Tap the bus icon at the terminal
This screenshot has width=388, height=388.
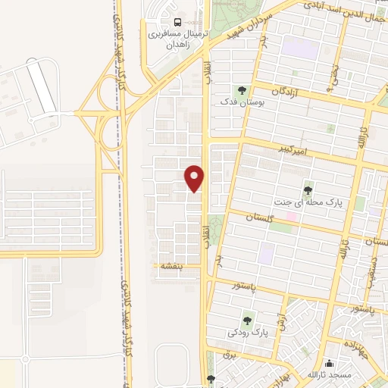pos(177,21)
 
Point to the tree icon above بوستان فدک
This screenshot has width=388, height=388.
pos(242,88)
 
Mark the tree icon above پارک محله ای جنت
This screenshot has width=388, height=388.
pos(308,189)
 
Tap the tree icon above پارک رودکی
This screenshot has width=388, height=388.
pos(246,320)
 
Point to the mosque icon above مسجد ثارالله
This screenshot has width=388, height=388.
pos(329,363)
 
